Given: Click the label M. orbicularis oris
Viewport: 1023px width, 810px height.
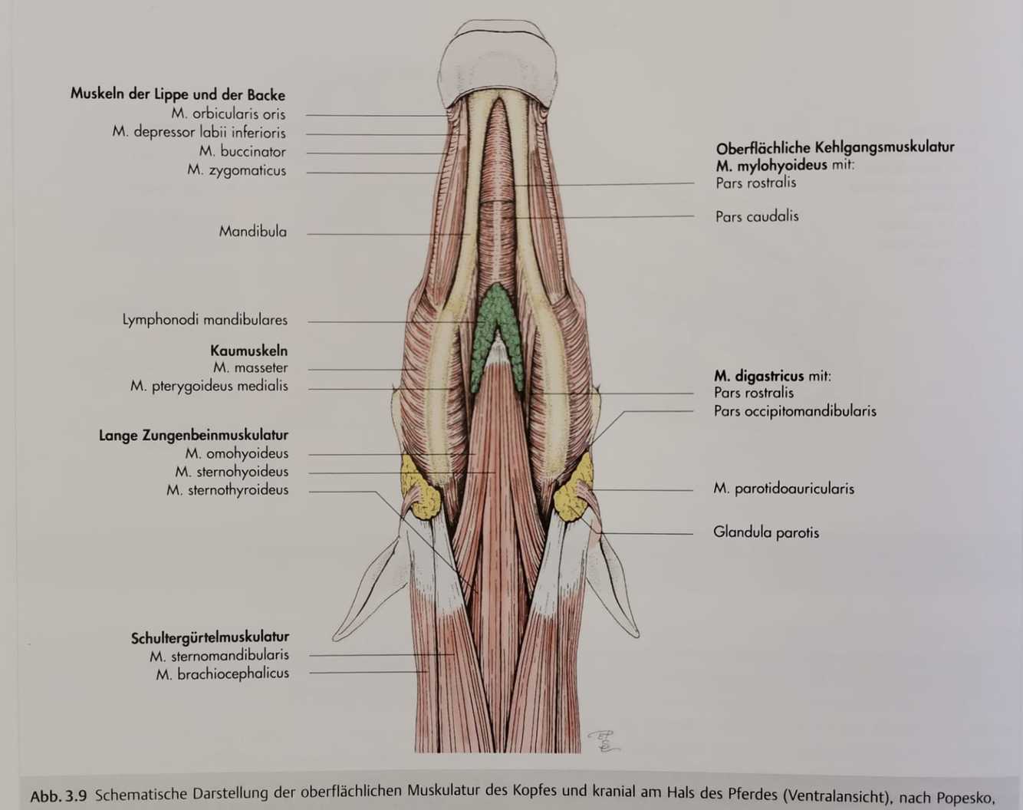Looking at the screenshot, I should click(x=229, y=114).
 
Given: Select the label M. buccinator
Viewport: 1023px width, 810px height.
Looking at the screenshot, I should click(x=242, y=151).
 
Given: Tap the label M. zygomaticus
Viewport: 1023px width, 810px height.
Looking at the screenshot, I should click(x=236, y=170).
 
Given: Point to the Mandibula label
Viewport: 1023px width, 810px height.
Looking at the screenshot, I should click(x=252, y=232).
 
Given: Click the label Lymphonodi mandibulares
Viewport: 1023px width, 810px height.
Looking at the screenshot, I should click(x=205, y=320).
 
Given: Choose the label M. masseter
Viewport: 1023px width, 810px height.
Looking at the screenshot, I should click(x=250, y=368).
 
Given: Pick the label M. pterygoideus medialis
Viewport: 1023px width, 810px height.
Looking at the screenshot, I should click(x=209, y=386).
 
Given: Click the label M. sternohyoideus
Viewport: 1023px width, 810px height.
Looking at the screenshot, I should click(x=232, y=472).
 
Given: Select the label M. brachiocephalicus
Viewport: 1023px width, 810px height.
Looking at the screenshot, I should click(x=222, y=673).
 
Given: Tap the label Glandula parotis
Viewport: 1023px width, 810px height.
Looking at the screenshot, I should click(x=765, y=532).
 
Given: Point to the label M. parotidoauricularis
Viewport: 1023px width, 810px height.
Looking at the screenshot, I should click(x=783, y=489).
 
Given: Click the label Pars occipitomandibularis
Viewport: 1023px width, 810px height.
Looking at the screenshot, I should click(x=794, y=411).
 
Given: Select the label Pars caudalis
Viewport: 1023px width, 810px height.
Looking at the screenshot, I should click(x=757, y=216).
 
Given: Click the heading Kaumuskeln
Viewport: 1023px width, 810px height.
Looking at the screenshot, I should click(x=248, y=351).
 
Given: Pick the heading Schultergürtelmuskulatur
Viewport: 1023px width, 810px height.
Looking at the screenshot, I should click(x=209, y=637).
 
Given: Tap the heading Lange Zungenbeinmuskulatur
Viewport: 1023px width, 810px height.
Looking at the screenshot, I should click(x=193, y=436).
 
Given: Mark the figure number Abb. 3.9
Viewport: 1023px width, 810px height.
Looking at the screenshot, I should click(x=58, y=795).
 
